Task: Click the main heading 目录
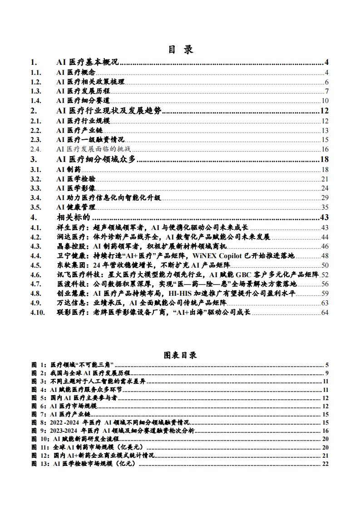point(180,50)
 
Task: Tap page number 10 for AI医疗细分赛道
point(325,101)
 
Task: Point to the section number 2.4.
point(36,149)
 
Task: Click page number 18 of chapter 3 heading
point(324,159)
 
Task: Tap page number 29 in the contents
point(325,197)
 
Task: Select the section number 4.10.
point(38,313)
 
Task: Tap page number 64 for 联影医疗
point(325,313)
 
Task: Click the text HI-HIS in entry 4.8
point(179,294)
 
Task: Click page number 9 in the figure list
point(326,373)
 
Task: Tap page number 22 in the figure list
point(325,464)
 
